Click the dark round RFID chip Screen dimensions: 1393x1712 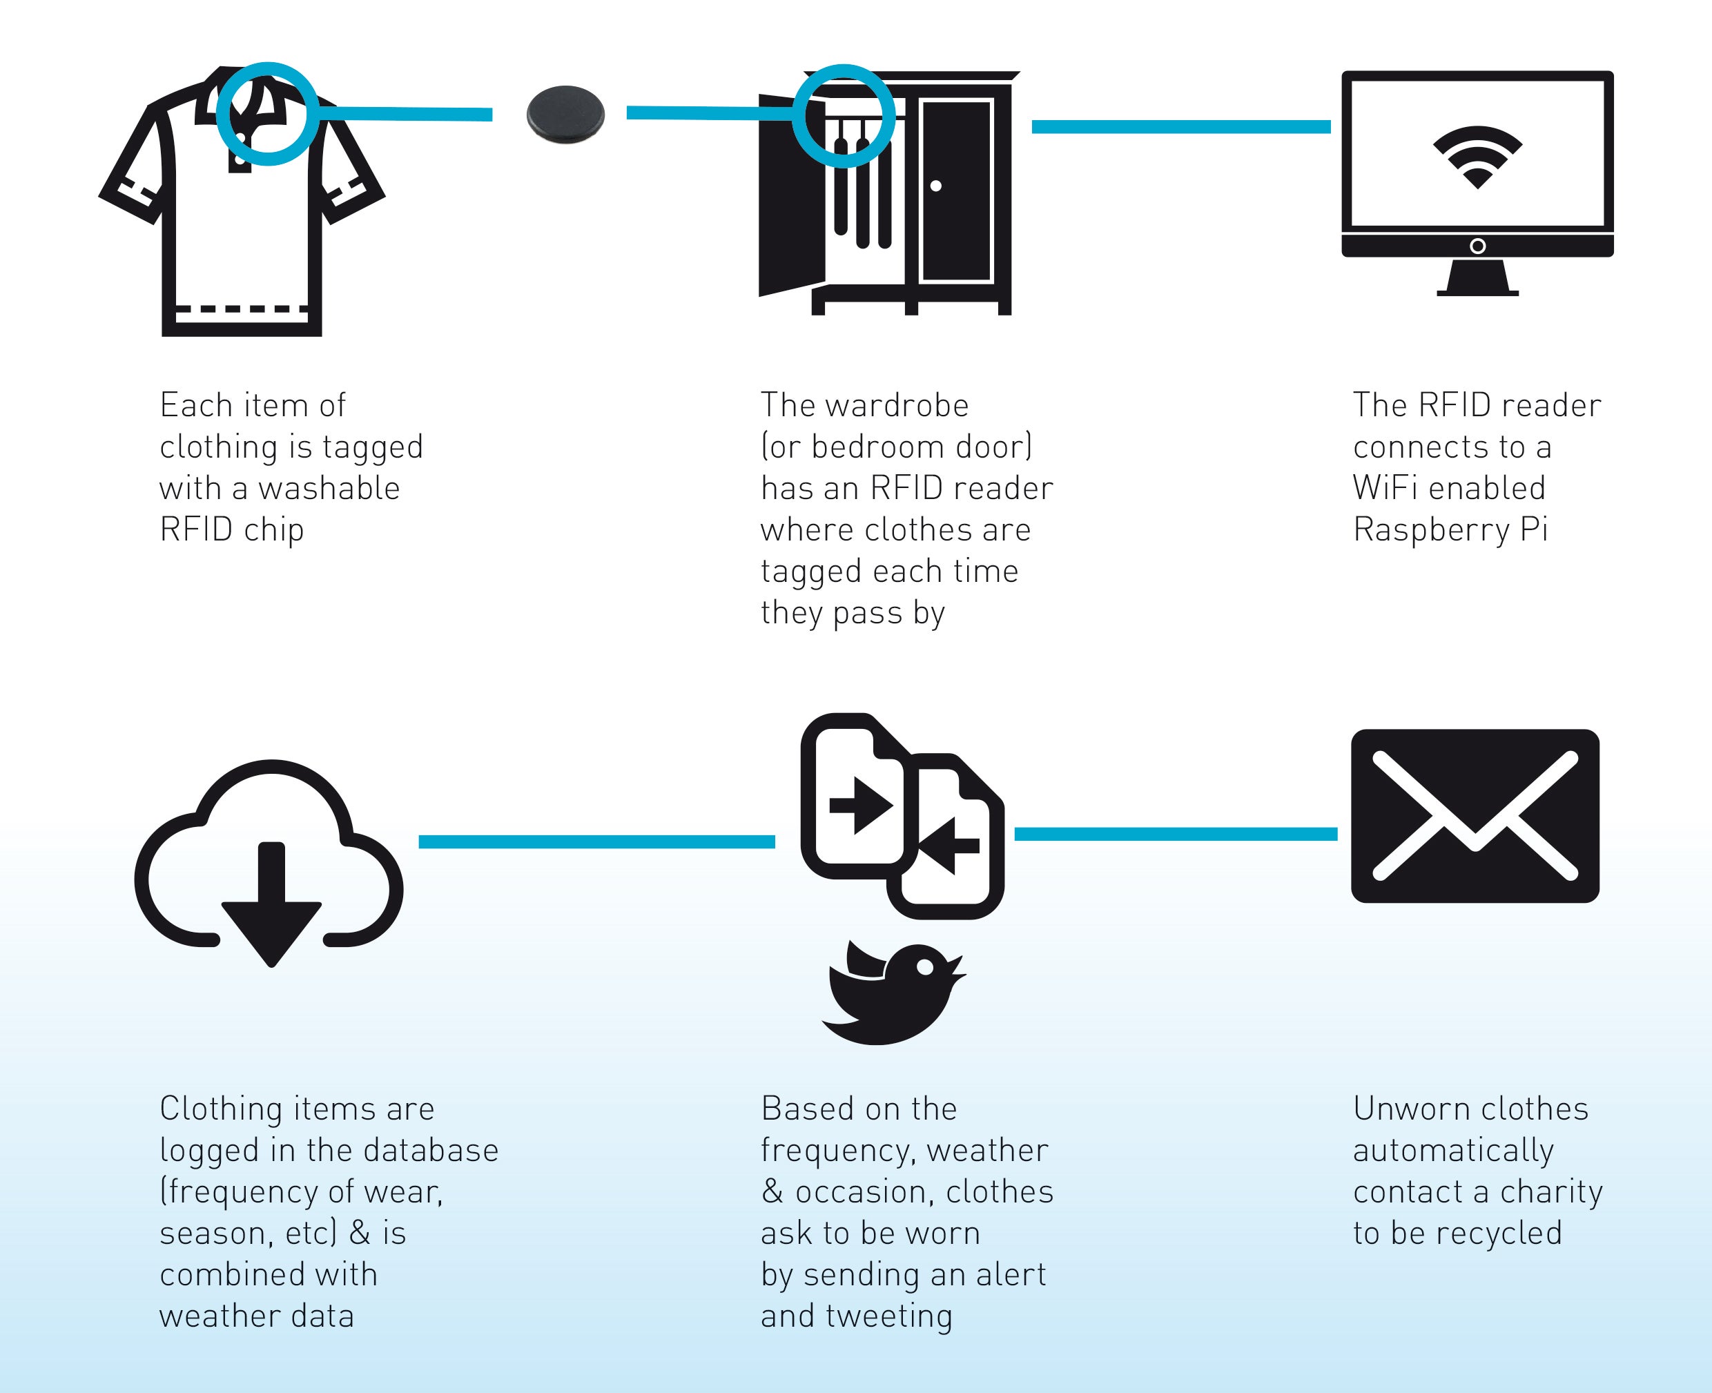(565, 115)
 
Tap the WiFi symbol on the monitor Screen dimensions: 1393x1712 (1477, 157)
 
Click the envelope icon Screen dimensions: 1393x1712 (1475, 815)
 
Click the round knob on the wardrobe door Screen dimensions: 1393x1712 (935, 186)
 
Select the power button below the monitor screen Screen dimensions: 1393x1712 (1477, 246)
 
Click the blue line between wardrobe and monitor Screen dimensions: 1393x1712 (1181, 127)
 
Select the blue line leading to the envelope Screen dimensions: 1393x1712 (1176, 835)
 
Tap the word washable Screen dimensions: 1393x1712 (329, 489)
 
